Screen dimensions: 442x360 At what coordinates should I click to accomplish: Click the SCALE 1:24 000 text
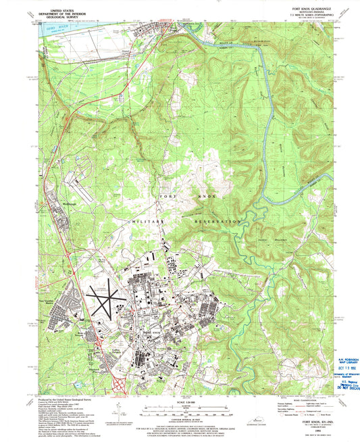[x=180, y=403]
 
